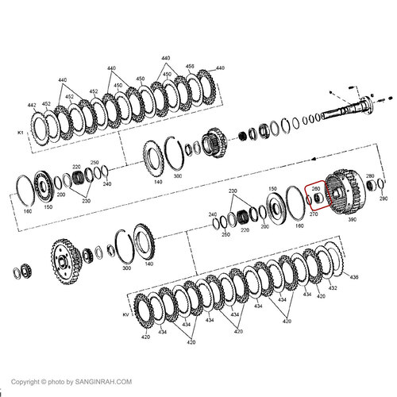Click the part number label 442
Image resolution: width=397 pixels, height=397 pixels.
click(x=32, y=105)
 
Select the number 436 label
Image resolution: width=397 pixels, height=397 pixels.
click(x=354, y=276)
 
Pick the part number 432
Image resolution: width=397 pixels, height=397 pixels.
click(x=332, y=288)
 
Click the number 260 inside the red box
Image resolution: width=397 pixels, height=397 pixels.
click(x=315, y=189)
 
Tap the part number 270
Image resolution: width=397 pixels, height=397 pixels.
click(x=312, y=214)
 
